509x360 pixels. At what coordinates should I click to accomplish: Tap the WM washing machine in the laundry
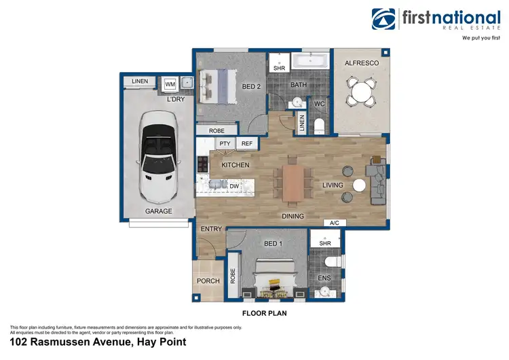[x=170, y=84]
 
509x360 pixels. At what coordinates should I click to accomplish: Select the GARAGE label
[x=158, y=211]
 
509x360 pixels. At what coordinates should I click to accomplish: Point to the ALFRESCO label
[x=361, y=63]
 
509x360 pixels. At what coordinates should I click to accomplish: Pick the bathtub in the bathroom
[x=311, y=62]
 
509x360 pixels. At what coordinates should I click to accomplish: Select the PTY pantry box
[x=225, y=144]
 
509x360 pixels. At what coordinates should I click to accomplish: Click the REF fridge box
[x=246, y=144]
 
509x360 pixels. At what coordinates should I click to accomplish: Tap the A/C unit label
[x=334, y=223]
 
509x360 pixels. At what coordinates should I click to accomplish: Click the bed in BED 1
[x=275, y=281]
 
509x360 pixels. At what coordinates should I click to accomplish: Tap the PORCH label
[x=208, y=281]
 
